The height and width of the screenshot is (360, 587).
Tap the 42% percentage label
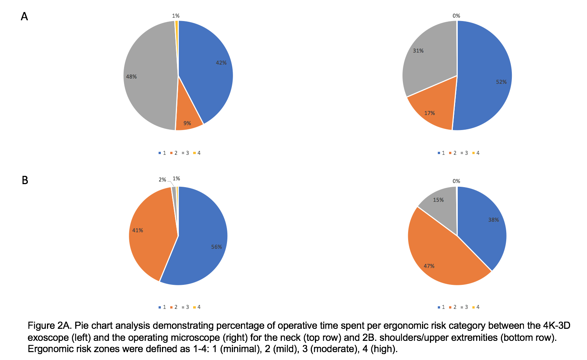[x=221, y=63]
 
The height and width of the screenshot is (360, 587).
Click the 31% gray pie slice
[x=428, y=60]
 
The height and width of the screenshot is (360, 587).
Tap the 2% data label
[x=162, y=180]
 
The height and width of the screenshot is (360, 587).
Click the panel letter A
[x=24, y=17]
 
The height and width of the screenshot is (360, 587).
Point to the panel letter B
[x=25, y=180]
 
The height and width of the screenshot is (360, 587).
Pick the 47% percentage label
[x=429, y=266]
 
